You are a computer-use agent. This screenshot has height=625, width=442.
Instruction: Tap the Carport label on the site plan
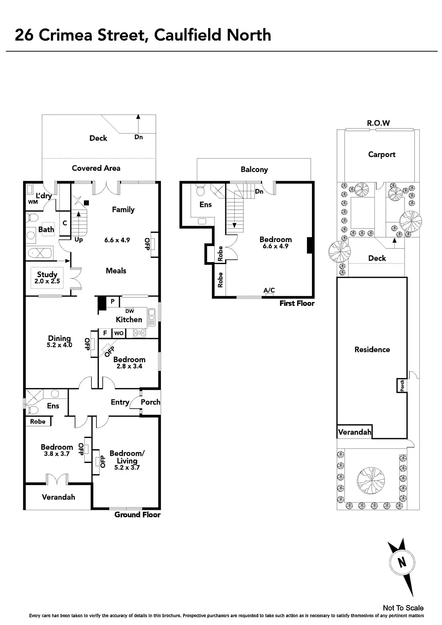381,154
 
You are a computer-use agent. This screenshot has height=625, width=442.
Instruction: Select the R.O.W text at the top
378,123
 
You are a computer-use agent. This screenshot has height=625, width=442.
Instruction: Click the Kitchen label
129,320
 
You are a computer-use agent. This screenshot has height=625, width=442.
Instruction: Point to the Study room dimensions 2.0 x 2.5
47,281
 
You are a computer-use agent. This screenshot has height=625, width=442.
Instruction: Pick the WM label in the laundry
33,202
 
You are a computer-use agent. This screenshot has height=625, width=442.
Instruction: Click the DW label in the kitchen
130,311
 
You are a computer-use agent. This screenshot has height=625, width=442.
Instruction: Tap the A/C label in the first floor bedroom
269,290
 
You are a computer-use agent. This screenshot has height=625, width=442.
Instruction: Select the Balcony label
254,170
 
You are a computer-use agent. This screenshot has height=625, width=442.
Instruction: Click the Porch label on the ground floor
150,402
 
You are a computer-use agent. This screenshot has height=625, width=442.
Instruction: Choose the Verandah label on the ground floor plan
58,497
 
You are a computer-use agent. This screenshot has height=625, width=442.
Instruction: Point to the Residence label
372,350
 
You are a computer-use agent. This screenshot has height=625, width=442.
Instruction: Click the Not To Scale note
403,608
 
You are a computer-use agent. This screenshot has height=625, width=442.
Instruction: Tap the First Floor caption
297,303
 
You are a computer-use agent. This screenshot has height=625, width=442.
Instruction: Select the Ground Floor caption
137,515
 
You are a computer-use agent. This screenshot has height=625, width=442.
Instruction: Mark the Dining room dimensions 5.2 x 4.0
59,345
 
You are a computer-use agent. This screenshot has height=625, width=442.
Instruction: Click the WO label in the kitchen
119,333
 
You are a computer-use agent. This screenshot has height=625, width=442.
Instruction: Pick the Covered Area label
96,168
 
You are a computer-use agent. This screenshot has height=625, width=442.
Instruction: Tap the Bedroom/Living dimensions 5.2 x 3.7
127,467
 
